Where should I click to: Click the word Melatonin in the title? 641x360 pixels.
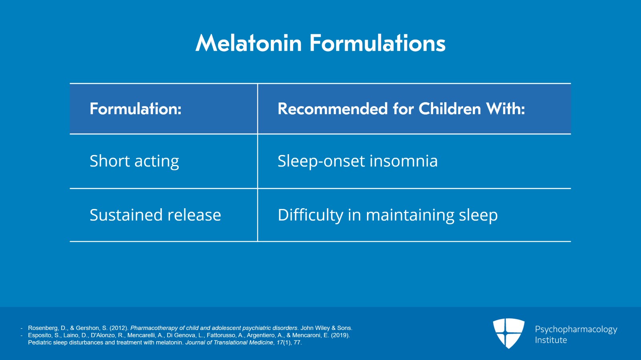(248, 43)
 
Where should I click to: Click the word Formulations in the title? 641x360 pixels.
(377, 43)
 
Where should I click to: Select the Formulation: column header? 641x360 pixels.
(136, 109)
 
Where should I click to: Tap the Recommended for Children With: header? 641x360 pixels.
(401, 109)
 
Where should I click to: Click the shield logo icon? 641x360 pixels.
(508, 333)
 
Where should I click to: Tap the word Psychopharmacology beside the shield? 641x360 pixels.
(576, 330)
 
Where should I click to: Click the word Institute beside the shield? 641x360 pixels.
(551, 340)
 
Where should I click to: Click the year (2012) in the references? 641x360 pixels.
(119, 328)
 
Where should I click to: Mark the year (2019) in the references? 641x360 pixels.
(341, 336)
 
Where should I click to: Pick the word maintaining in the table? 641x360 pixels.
(410, 215)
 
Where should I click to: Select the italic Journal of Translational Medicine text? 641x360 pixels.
(229, 342)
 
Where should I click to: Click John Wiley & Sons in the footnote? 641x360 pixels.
(326, 328)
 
